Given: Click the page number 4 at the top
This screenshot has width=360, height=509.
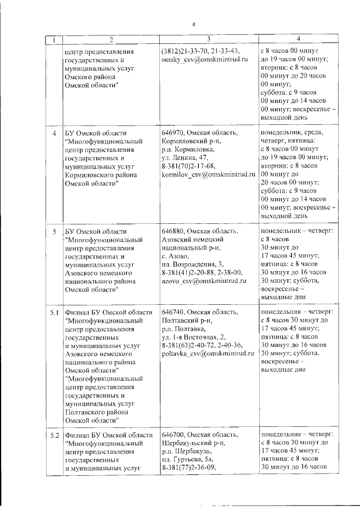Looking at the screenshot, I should point(192,24).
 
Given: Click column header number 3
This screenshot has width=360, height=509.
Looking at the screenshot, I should point(208,39).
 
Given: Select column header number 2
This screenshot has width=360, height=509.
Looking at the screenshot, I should point(111,39).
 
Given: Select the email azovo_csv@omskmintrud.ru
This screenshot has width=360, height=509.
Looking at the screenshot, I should point(204,280).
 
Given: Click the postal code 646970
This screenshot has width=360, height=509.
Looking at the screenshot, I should point(173,133).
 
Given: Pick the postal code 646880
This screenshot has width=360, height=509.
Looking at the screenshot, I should point(173,230).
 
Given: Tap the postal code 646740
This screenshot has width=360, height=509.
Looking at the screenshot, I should point(173,312).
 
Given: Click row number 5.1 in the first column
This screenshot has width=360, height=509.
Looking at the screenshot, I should point(54,312).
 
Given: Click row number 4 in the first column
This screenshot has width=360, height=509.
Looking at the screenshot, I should point(54,133).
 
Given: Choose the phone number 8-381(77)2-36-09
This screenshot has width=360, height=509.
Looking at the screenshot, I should point(188,467).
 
